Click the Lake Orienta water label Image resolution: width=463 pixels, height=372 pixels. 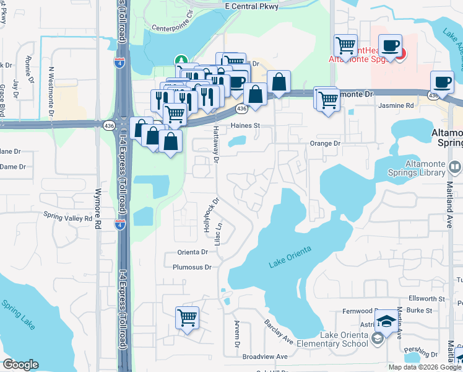click(x=289, y=257)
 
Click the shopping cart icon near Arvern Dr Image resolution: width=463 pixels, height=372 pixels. click(x=187, y=317)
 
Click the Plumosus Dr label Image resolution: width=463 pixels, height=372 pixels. click(x=193, y=267)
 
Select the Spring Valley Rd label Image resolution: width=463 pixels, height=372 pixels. click(x=67, y=217)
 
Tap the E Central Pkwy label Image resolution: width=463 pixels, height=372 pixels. click(x=251, y=5)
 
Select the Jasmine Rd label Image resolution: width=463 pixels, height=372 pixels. click(x=396, y=106)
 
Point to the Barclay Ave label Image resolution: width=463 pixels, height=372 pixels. click(x=279, y=332)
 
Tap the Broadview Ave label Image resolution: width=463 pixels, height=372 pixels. click(x=265, y=356)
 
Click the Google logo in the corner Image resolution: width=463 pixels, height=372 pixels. click(x=20, y=365)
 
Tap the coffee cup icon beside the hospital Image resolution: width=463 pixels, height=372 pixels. click(x=390, y=46)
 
